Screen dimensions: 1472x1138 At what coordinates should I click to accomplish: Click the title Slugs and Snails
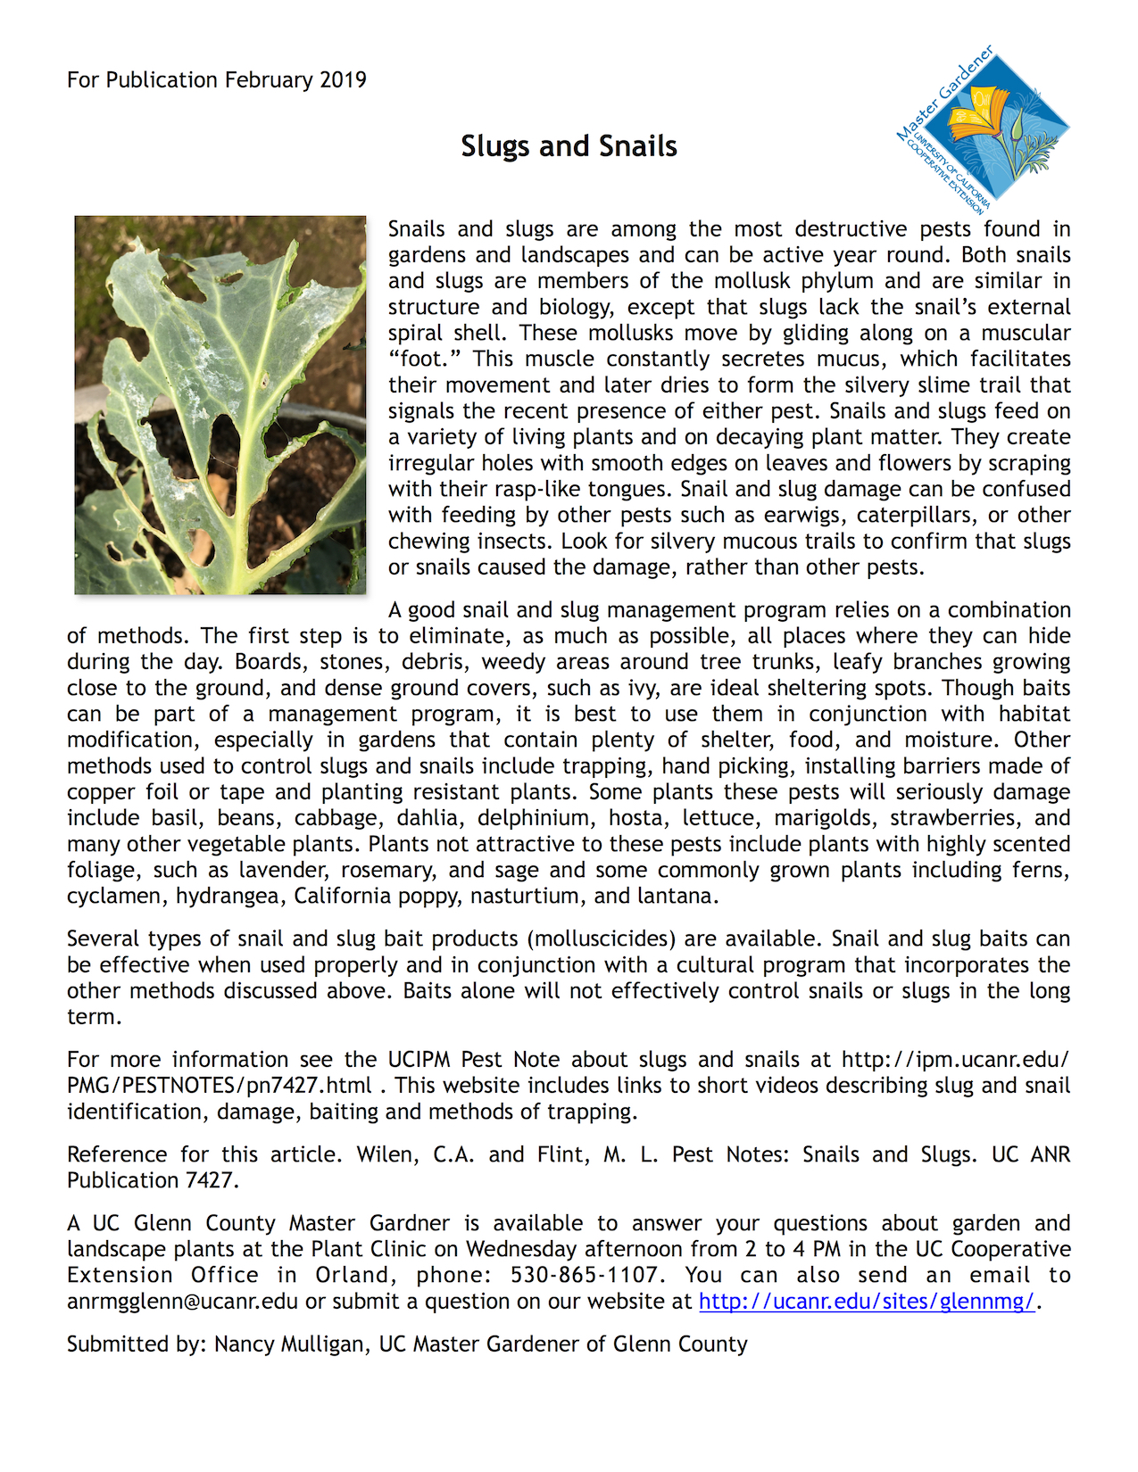coord(569,145)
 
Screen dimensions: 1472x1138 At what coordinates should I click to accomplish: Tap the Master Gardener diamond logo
coord(984,128)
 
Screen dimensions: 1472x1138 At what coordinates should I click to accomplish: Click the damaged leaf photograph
coord(220,404)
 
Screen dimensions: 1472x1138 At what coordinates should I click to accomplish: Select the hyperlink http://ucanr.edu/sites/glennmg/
coord(867,1301)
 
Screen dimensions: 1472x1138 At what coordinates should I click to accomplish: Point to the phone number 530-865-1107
coord(584,1275)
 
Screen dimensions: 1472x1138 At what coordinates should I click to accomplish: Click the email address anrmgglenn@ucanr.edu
coord(182,1301)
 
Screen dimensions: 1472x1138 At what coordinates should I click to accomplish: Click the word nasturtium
coord(525,896)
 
